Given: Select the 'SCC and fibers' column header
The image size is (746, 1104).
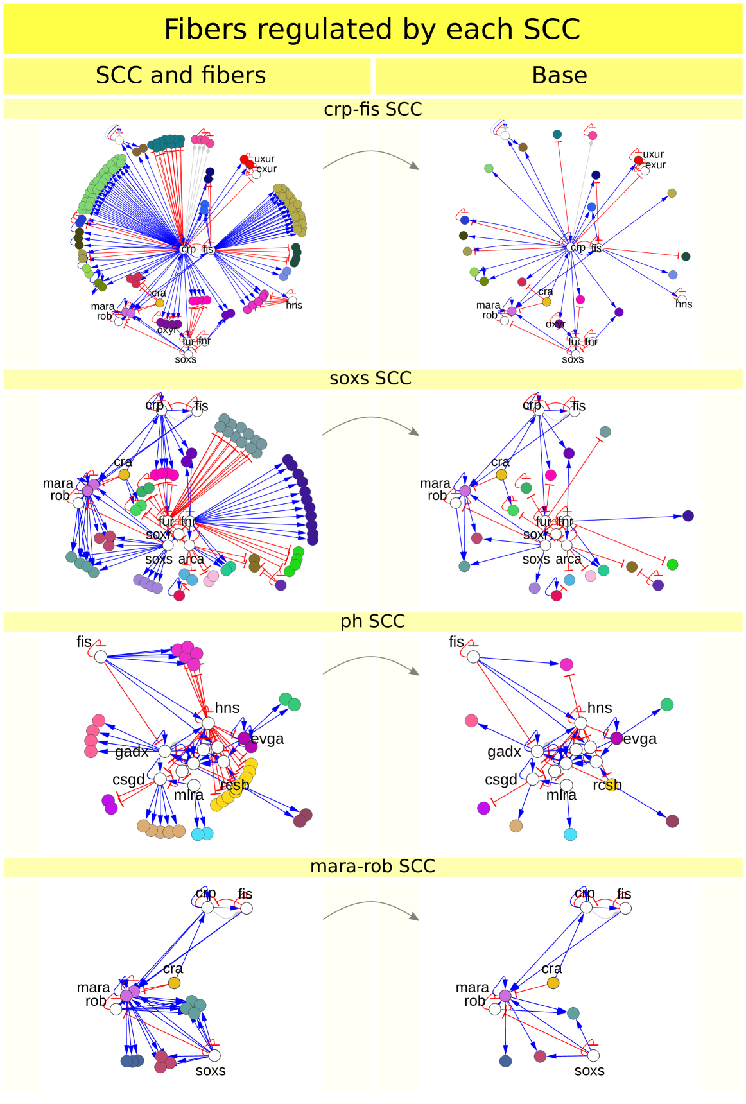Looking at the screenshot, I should pyautogui.click(x=180, y=76).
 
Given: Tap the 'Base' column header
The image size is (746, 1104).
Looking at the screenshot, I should pyautogui.click(x=559, y=76).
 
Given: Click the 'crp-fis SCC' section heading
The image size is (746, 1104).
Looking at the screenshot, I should pyautogui.click(x=372, y=109).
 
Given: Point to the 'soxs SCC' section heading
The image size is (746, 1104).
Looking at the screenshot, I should pyautogui.click(x=370, y=378).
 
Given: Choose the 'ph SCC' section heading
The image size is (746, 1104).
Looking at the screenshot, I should pyautogui.click(x=372, y=621).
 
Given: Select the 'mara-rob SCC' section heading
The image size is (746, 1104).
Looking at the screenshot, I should pyautogui.click(x=372, y=866).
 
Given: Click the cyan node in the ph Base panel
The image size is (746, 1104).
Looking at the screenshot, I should pyautogui.click(x=570, y=834).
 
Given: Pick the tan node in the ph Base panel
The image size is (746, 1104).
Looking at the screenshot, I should pyautogui.click(x=516, y=825).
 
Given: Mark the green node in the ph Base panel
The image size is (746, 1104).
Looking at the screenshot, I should pyautogui.click(x=667, y=705).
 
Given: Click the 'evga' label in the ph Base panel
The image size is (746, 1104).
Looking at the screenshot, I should pyautogui.click(x=640, y=739).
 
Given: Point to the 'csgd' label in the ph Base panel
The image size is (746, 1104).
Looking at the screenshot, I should pyautogui.click(x=501, y=780).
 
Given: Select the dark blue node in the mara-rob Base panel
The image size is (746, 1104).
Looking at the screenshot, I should pyautogui.click(x=506, y=1061).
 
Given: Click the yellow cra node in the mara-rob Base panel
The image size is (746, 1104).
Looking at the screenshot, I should pyautogui.click(x=553, y=983).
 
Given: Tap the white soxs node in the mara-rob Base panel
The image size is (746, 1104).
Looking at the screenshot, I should pyautogui.click(x=594, y=1055).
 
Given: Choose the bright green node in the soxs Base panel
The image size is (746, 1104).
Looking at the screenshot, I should pyautogui.click(x=672, y=564).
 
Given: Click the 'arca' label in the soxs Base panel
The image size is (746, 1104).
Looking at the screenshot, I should pyautogui.click(x=568, y=560).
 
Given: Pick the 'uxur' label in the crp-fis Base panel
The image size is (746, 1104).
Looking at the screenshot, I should pyautogui.click(x=654, y=155).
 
